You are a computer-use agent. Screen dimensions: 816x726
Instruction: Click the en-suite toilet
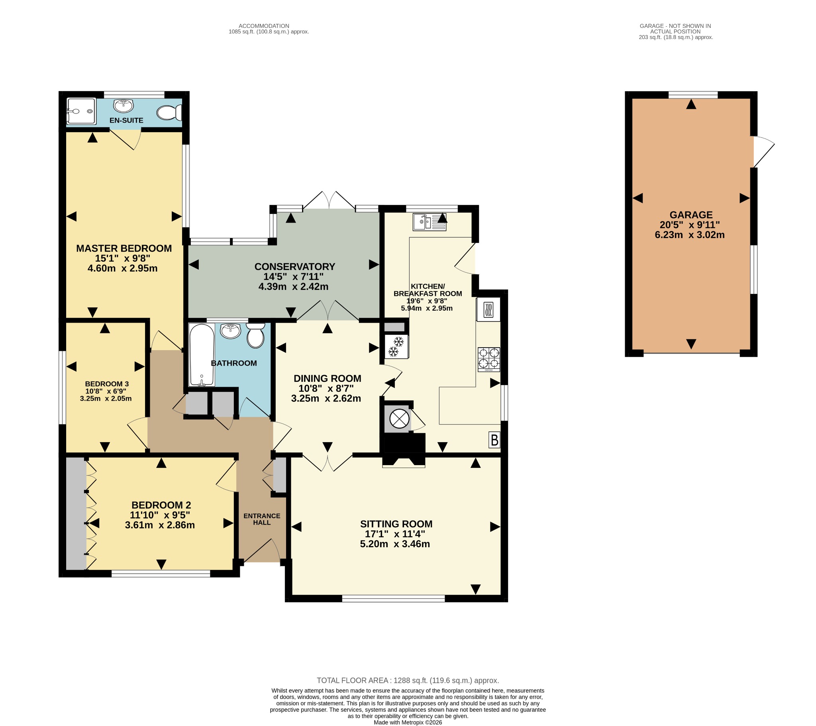coord(169,112)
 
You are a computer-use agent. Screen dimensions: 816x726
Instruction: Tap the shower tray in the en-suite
coord(81,111)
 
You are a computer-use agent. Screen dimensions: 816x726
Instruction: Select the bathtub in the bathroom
coord(202,355)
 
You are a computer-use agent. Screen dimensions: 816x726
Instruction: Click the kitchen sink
coord(430,222)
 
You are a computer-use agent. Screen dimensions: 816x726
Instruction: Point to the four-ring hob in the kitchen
coord(489,360)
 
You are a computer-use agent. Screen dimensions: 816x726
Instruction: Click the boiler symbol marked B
coord(494,440)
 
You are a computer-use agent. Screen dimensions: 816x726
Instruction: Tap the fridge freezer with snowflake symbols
coord(396,346)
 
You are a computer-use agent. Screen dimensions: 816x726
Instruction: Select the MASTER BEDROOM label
coord(124,248)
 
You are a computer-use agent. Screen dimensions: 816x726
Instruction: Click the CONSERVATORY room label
coord(294,266)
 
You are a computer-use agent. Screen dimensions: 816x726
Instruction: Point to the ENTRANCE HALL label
coord(262,519)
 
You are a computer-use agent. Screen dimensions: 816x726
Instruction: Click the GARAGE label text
coord(691,215)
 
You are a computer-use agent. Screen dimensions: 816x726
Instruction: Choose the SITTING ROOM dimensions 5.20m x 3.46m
coord(395,544)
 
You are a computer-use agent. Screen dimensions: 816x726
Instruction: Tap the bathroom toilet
coord(255,335)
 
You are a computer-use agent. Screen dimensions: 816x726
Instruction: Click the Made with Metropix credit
coord(408,722)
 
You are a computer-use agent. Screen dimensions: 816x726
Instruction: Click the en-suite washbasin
coord(124,106)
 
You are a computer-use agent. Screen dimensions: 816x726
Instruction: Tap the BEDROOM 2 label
coord(161,505)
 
